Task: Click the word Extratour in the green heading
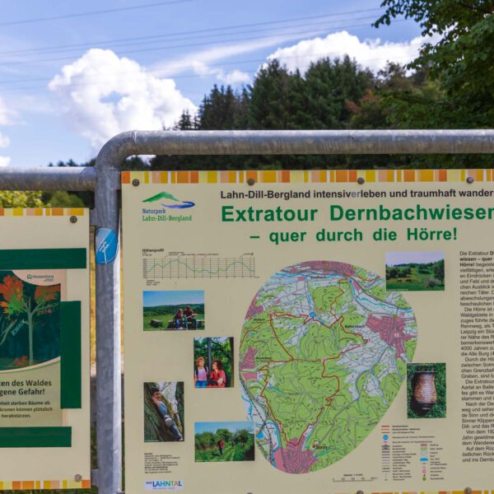(271, 214)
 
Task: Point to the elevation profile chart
(198, 266)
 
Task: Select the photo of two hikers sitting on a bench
(174, 310)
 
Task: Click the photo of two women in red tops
(213, 362)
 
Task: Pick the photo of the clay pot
(426, 390)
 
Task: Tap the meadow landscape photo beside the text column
(414, 272)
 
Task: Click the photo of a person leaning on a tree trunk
(164, 412)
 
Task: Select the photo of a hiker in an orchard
(224, 441)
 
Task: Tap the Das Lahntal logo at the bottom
(164, 485)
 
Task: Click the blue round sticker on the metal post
(106, 245)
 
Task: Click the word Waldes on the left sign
(41, 382)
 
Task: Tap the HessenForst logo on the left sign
(40, 277)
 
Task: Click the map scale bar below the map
(355, 478)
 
